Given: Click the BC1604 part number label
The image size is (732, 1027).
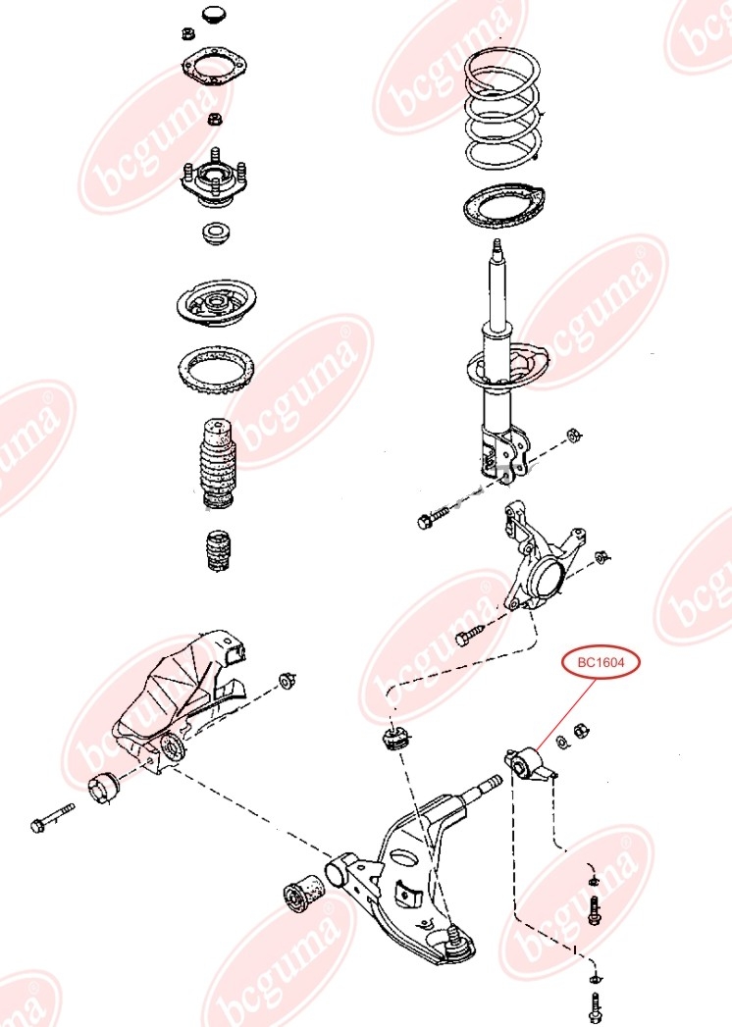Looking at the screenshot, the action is [601, 662].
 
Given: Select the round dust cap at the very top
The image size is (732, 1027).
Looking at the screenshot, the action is [214, 15].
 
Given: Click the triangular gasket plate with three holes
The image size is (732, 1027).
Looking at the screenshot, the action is [214, 67].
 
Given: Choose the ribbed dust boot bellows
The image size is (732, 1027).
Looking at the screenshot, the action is [218, 462].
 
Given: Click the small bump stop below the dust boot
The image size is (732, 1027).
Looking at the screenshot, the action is [218, 550].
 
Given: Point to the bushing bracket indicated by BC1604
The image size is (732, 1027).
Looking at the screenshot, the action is [530, 765].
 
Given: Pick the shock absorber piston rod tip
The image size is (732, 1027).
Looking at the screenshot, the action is [497, 245].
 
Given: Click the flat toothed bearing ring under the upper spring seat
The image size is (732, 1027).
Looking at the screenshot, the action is [216, 369].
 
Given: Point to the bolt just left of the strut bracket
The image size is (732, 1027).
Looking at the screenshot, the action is [434, 518].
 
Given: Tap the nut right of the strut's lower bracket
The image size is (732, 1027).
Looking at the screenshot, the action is [573, 435].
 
